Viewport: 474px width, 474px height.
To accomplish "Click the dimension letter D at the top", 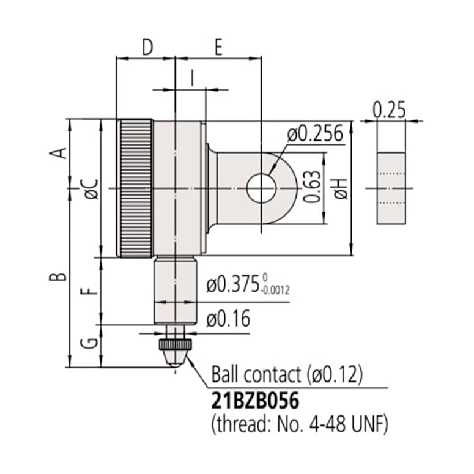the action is pyautogui.click(x=147, y=47).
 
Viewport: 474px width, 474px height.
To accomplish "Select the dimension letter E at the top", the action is pyautogui.click(x=218, y=47).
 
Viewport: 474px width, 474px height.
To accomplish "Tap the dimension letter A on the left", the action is pyautogui.click(x=58, y=153).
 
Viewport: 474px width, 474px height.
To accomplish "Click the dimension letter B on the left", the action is pyautogui.click(x=58, y=276).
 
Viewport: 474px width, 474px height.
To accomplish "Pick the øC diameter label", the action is pyautogui.click(x=92, y=189).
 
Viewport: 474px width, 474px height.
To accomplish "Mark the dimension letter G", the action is pyautogui.click(x=89, y=343).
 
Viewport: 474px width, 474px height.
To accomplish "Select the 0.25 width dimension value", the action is pyautogui.click(x=389, y=109).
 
